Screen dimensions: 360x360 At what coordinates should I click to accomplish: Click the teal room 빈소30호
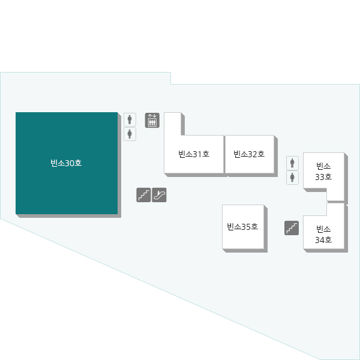[67, 163]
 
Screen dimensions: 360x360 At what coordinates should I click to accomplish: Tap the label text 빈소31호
[194, 154]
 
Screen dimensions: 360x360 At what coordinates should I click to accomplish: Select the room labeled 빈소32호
[250, 154]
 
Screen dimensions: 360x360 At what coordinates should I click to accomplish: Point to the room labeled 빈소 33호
[324, 176]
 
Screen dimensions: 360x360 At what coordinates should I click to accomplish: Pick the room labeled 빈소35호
[243, 227]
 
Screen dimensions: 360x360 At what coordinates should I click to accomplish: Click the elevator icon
[152, 121]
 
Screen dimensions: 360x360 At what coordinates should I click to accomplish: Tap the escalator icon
[159, 195]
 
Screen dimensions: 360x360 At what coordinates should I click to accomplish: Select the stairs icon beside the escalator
[143, 195]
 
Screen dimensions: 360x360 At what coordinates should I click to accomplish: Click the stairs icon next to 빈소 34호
[292, 228]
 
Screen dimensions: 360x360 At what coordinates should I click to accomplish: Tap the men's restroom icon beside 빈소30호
[130, 119]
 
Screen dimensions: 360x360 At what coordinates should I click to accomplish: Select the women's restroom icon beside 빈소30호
[130, 134]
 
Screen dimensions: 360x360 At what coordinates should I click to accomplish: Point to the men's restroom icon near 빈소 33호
[292, 163]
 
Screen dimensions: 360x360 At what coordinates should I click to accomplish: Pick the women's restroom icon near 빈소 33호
[292, 177]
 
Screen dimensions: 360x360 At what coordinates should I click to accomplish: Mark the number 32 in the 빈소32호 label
[252, 154]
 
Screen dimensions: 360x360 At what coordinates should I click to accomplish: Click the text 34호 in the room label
[323, 240]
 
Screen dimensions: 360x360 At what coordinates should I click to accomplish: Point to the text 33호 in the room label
[323, 177]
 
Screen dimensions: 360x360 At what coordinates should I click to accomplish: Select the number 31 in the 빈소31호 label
[197, 154]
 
